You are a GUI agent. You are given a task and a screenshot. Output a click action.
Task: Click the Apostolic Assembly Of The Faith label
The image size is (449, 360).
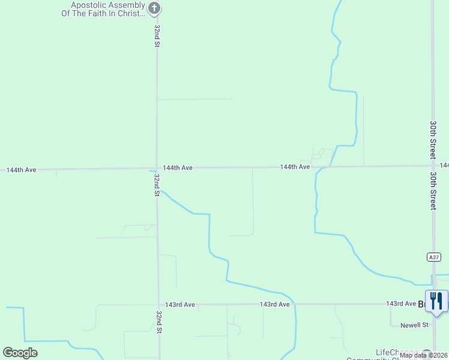107,9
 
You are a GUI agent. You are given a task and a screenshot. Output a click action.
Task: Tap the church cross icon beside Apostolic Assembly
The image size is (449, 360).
155,8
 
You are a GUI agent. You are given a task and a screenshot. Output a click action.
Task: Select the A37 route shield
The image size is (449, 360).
434,257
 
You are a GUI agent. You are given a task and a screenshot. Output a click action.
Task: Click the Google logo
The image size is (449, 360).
20,353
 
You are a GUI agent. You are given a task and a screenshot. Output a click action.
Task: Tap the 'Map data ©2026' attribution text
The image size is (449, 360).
424,355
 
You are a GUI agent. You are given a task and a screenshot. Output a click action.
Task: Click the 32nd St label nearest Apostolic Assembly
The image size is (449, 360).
157,36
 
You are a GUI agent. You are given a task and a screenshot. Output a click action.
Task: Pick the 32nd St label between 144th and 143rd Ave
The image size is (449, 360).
156,185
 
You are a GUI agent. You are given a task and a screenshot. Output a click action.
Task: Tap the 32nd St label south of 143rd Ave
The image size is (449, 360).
159,322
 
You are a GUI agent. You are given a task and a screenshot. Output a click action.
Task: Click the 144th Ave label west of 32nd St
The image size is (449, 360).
22,170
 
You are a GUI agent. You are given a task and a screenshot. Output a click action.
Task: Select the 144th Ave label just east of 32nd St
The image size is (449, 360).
178,168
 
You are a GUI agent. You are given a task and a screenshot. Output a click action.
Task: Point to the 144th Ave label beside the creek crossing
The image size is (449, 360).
295,167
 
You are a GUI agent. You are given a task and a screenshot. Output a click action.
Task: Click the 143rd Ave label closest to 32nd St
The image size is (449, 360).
181,305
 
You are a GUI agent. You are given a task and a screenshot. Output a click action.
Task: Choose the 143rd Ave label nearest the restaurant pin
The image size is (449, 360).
400,304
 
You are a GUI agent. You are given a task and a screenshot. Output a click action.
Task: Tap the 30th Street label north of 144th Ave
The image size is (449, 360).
433,139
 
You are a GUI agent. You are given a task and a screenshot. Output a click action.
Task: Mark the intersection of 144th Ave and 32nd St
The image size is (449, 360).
157,169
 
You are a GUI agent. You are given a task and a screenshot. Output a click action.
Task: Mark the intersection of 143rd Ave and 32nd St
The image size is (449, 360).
158,305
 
